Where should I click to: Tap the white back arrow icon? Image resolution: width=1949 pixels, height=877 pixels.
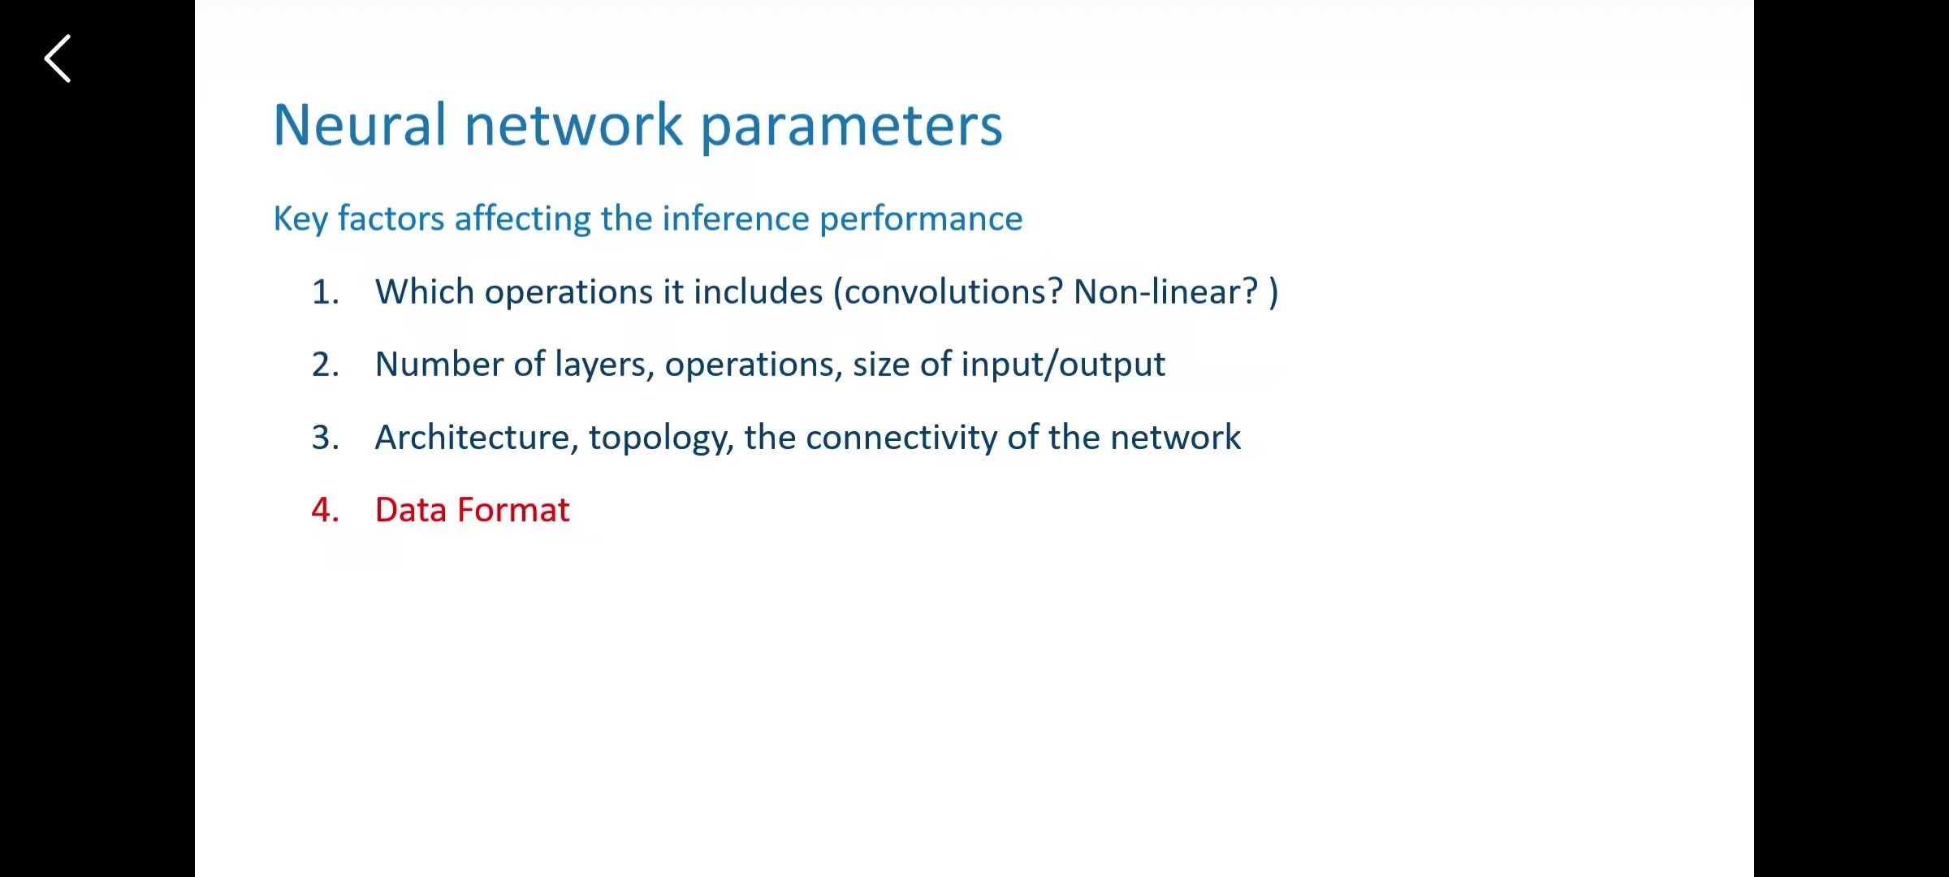click(57, 58)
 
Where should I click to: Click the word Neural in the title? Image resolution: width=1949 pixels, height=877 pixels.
click(360, 125)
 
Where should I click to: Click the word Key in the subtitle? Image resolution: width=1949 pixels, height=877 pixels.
click(300, 219)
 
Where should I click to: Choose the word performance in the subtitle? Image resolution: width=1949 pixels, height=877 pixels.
click(921, 219)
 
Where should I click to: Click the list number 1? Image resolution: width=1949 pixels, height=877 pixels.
click(325, 292)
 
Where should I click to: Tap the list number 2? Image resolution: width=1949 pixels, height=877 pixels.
click(325, 365)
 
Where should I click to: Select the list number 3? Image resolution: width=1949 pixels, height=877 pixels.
click(325, 438)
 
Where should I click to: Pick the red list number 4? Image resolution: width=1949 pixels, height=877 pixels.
click(325, 510)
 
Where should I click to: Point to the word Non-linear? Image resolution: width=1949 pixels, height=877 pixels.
click(1166, 292)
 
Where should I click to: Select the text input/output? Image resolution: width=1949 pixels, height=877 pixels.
click(1063, 365)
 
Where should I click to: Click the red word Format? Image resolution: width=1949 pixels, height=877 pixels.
click(513, 510)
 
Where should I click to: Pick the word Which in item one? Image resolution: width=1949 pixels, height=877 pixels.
click(425, 292)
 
